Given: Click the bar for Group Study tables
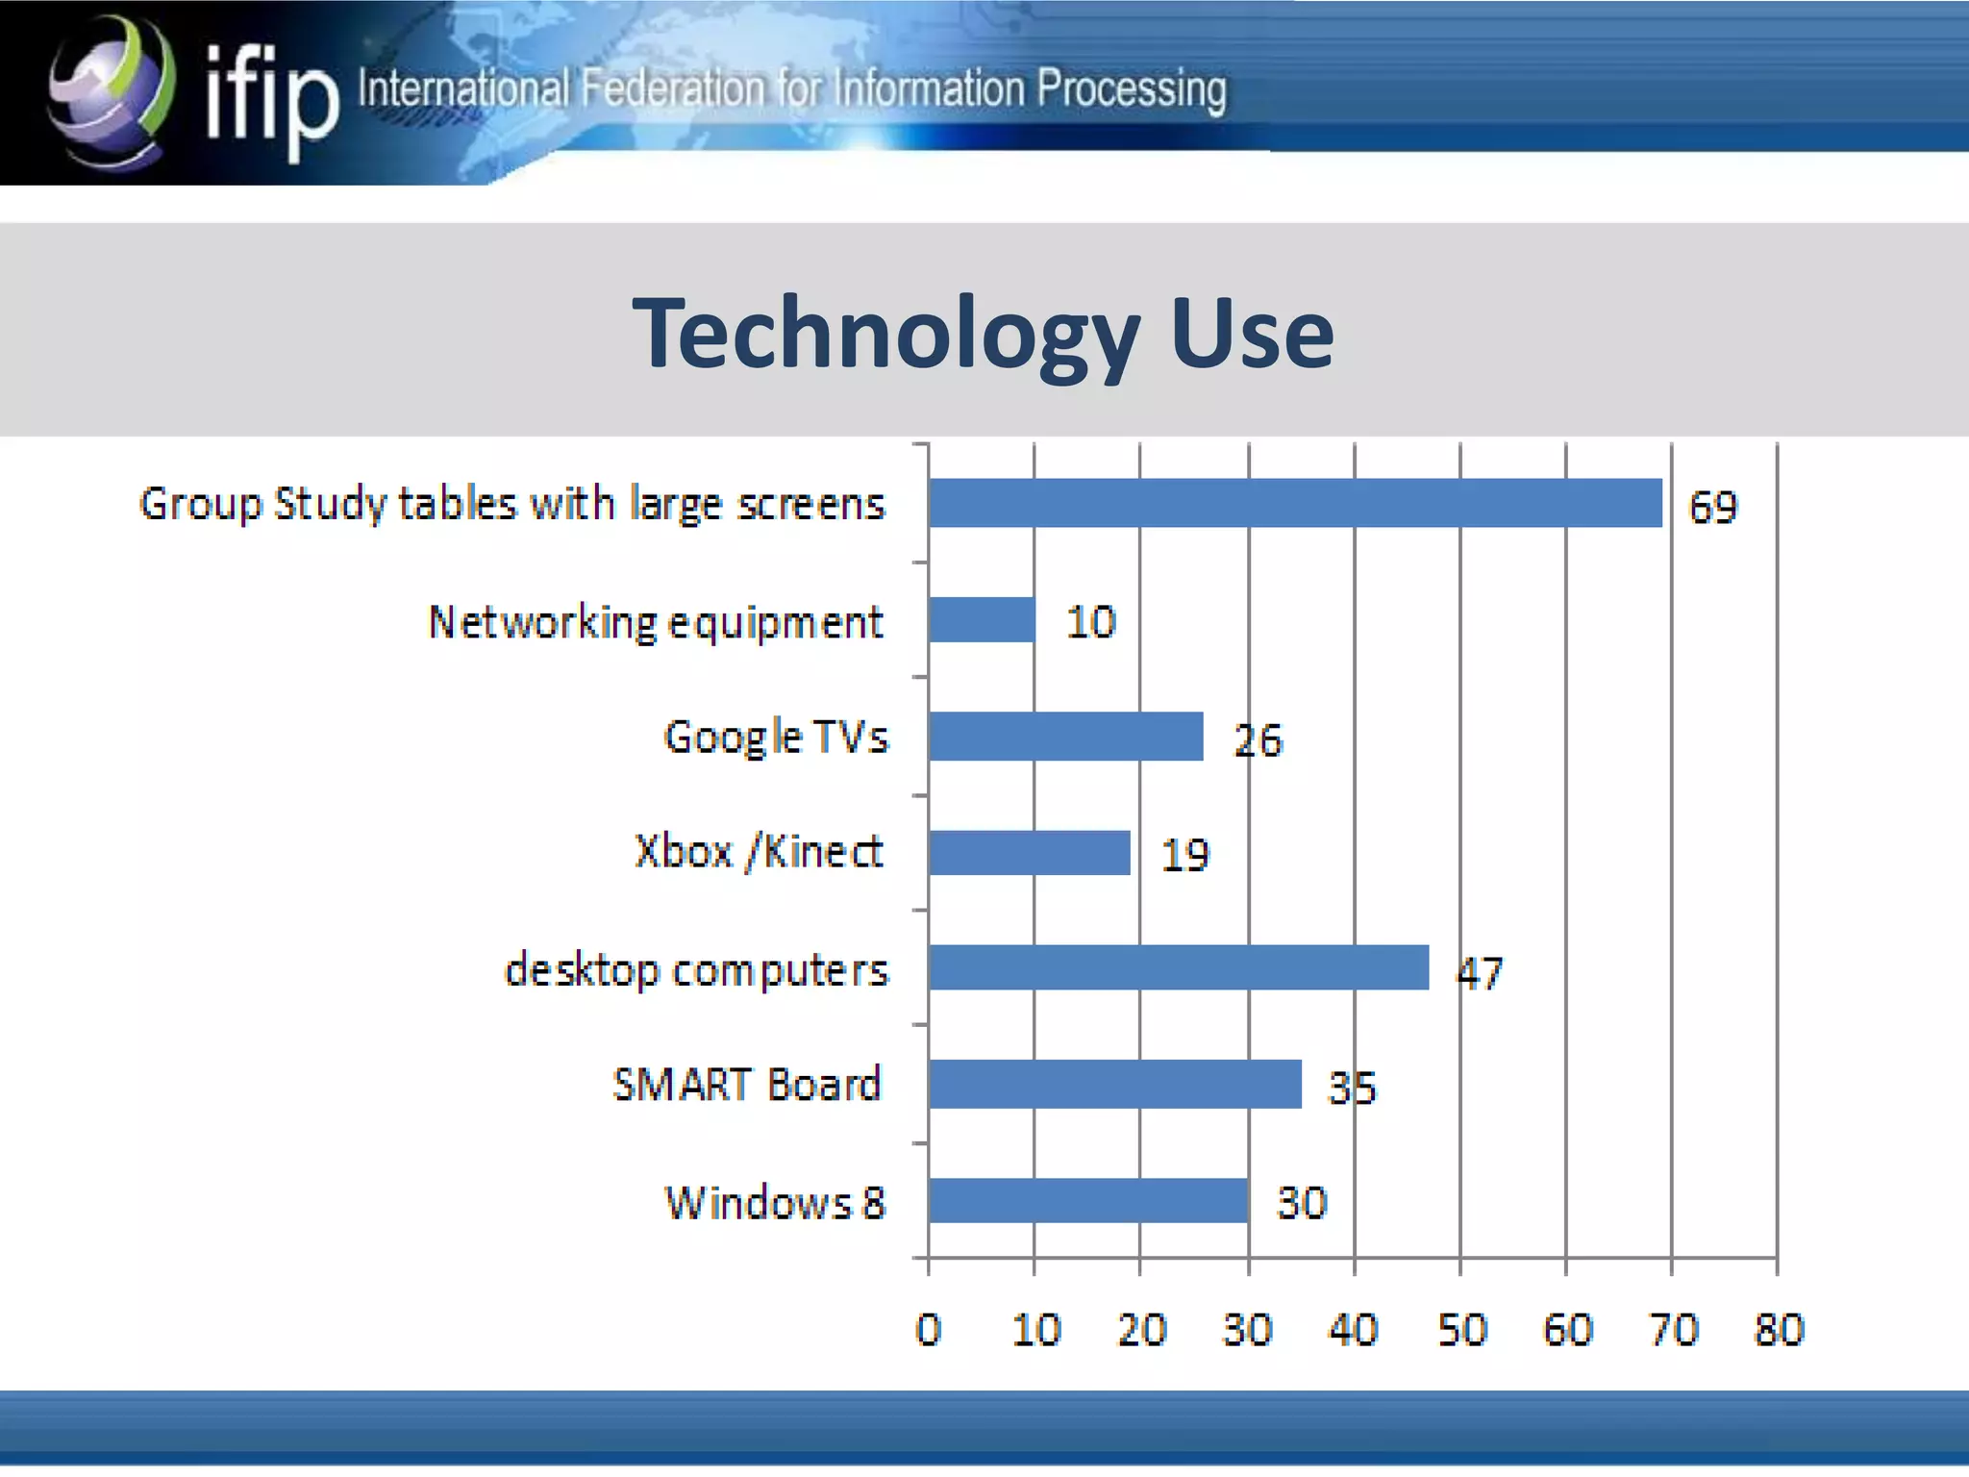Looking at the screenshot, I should (1295, 503).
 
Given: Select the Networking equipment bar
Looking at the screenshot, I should (982, 620).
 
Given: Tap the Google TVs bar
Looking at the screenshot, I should (1065, 737).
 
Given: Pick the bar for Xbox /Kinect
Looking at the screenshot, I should (1029, 853).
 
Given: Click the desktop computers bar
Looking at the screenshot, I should (1179, 967).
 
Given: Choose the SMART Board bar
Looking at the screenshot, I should (1115, 1084).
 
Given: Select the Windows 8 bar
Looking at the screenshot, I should (1088, 1201).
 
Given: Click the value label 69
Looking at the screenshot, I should (1713, 507).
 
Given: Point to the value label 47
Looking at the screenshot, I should (1480, 973).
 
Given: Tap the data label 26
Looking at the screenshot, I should (1258, 740).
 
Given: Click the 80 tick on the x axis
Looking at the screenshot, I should (1779, 1330).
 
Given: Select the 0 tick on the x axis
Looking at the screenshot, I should (928, 1330).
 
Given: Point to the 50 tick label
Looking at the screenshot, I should (1461, 1330).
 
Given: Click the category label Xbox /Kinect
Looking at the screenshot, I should (759, 852).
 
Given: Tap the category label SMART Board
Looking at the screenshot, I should (747, 1085).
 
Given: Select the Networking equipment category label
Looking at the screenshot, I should (656, 622).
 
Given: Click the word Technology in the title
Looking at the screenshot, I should (885, 334).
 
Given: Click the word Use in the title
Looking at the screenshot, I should (1252, 334).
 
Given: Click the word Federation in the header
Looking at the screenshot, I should (673, 89).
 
